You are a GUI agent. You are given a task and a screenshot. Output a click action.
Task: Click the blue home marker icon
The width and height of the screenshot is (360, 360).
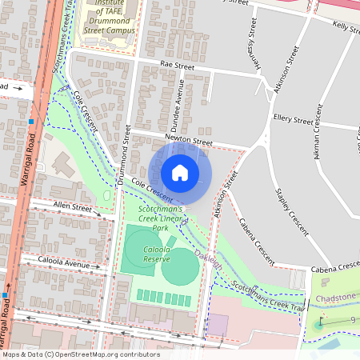click(180, 173)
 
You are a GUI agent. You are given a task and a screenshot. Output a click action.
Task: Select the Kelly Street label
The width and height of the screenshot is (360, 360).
click(346, 26)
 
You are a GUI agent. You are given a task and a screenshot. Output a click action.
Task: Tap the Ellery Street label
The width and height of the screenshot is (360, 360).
click(292, 120)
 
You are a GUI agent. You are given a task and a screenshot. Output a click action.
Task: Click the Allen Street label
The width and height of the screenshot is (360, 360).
click(73, 206)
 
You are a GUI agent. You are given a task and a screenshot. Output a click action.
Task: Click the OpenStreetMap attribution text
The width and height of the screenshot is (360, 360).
click(80, 354)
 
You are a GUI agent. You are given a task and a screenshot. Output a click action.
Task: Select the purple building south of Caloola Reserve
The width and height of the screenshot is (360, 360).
click(217, 325)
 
